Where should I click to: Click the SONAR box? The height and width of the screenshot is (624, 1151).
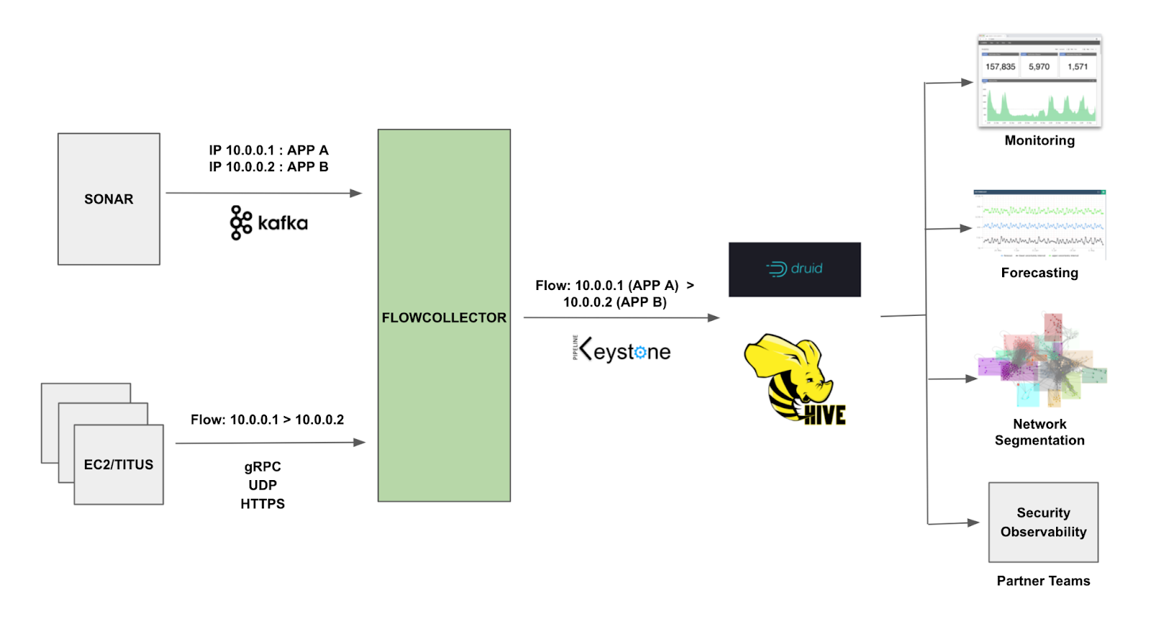pyautogui.click(x=109, y=199)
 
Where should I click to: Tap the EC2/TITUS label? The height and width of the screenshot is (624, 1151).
pyautogui.click(x=119, y=464)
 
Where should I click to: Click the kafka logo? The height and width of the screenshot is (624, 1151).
pyautogui.click(x=269, y=222)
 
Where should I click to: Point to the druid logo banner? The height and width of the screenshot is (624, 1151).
pyautogui.click(x=794, y=269)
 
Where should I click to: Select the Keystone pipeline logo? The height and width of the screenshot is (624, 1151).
pyautogui.click(x=622, y=351)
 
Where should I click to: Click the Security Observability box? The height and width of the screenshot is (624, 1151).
pyautogui.click(x=1043, y=522)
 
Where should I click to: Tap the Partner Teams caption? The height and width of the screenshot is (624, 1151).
pyautogui.click(x=1043, y=581)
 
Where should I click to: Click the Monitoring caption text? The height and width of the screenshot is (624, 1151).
pyautogui.click(x=1039, y=140)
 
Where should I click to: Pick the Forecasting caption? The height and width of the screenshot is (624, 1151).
pyautogui.click(x=1039, y=273)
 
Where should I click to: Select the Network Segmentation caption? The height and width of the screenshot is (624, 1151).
pyautogui.click(x=1039, y=432)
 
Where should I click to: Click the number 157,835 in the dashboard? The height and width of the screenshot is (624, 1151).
pyautogui.click(x=1000, y=66)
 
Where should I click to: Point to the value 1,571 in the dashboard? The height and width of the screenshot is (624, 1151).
pyautogui.click(x=1078, y=66)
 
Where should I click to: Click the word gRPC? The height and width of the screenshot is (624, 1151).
pyautogui.click(x=263, y=466)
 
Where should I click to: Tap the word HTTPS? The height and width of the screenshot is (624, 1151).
pyautogui.click(x=263, y=504)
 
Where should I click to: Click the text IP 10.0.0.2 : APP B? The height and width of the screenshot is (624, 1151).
pyautogui.click(x=268, y=167)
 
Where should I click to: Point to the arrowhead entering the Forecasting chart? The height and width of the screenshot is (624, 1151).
pyautogui.click(x=967, y=228)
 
